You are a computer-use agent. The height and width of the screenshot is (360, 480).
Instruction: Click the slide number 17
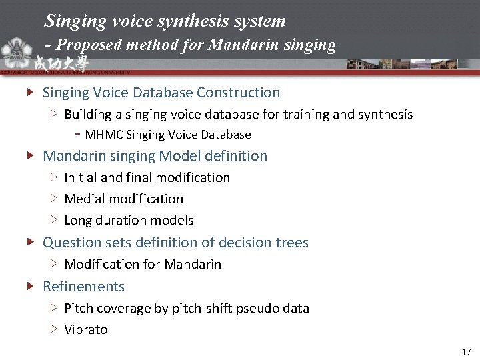click(466, 351)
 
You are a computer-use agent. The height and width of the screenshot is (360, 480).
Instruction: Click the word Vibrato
click(86, 329)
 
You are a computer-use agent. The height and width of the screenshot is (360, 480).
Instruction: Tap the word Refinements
click(83, 287)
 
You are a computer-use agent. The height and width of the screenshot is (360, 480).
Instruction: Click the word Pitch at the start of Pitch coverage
click(79, 308)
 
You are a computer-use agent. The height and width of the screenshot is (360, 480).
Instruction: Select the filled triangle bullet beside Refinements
click(31, 287)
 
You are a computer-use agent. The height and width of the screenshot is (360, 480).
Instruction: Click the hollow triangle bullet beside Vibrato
click(55, 329)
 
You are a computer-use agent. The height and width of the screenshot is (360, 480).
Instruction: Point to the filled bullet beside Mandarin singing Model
click(31, 156)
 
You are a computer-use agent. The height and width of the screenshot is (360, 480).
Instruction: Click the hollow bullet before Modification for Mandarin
click(55, 264)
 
